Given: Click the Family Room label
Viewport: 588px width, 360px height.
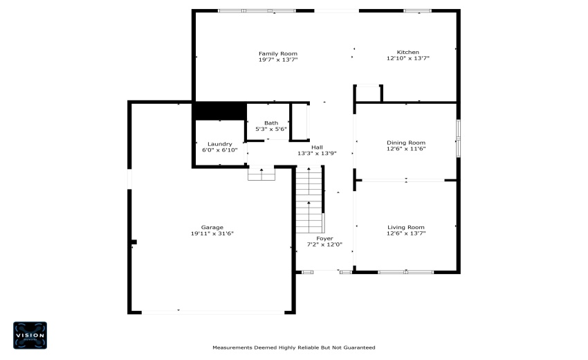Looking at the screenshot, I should [278, 53].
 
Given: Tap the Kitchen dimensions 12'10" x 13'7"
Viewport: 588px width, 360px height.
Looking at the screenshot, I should [407, 59].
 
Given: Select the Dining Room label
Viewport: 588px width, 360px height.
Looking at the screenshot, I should [405, 143].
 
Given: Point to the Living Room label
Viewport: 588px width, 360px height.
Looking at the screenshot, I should [405, 227].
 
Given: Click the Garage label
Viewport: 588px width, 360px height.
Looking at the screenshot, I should [212, 227].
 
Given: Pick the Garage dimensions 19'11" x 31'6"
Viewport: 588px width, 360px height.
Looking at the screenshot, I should [212, 233].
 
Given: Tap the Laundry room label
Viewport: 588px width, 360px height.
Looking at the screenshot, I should [219, 144].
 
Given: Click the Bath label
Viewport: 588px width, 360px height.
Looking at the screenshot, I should [270, 123].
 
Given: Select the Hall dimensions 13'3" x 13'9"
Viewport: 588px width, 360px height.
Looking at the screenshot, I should [317, 153].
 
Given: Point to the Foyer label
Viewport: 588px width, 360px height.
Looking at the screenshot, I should [324, 238].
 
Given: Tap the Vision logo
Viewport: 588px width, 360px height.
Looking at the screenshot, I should [30, 334].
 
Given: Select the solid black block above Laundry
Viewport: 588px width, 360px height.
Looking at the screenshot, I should [220, 111].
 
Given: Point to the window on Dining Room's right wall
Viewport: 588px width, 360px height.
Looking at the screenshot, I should [457, 138].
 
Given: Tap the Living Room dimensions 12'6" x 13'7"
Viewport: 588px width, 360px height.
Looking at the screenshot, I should [405, 233].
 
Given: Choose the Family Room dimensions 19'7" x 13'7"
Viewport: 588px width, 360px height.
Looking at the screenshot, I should [278, 60].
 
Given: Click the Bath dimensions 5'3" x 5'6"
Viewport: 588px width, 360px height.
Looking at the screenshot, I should [270, 129].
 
